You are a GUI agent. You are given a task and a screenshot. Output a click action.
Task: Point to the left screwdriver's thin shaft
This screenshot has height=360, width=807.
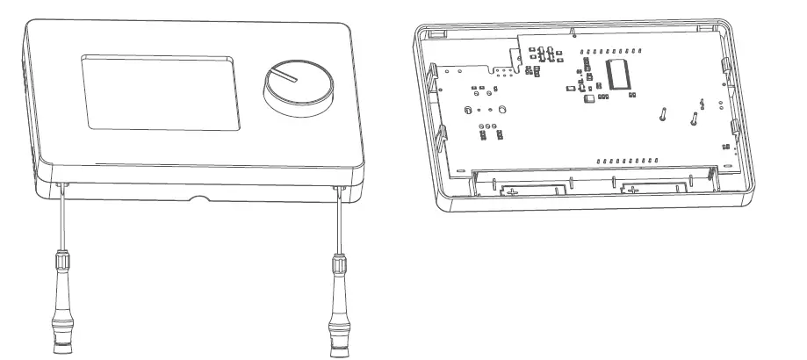[61, 220]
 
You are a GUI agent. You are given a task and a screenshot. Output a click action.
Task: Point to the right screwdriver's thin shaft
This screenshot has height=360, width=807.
[338, 220]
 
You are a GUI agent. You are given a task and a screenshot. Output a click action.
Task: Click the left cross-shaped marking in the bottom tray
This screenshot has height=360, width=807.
[513, 190]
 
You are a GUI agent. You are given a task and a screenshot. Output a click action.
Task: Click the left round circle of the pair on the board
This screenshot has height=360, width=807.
[468, 110]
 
